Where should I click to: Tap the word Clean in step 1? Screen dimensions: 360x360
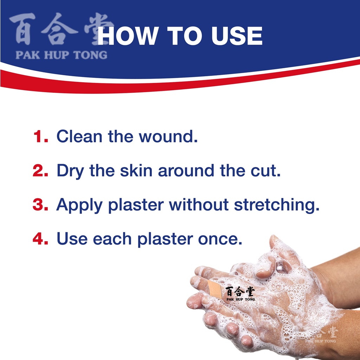point(79,136)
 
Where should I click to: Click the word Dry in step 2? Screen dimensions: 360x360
point(70,171)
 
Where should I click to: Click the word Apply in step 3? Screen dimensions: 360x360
point(79,205)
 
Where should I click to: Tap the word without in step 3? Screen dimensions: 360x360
point(199,204)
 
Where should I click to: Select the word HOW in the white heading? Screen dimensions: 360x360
point(128,36)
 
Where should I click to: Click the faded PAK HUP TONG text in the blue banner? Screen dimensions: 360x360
point(61,55)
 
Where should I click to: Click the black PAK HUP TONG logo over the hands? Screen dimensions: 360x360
point(240,294)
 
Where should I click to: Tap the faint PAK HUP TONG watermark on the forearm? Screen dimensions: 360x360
point(320,341)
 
